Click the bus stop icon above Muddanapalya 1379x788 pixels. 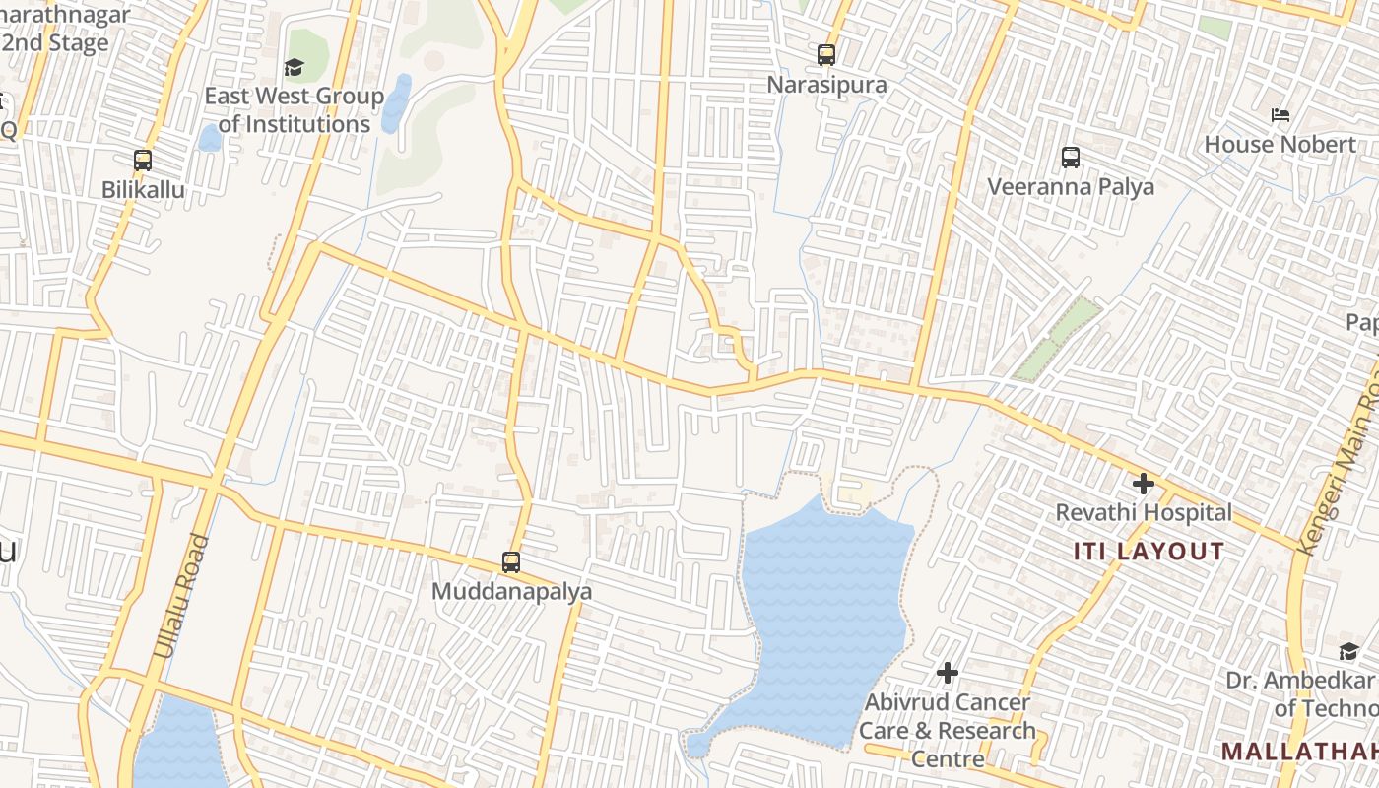510,562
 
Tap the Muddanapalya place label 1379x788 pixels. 512,591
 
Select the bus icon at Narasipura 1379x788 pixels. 826,55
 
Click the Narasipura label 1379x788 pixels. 826,85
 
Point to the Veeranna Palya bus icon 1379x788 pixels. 1071,158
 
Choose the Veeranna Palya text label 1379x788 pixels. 1071,187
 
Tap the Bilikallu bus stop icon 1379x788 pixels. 143,161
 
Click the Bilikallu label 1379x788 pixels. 143,189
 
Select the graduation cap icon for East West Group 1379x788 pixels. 294,68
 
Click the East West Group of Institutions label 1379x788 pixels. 295,110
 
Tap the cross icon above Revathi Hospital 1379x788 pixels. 1144,484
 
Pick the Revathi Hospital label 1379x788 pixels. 1144,513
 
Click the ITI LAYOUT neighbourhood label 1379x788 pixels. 1149,552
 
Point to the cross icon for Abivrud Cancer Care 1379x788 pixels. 948,673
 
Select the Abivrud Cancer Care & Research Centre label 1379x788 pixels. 947,731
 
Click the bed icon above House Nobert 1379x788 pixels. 1280,115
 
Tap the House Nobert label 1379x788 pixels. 1280,145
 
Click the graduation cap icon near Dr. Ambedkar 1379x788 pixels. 1348,651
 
